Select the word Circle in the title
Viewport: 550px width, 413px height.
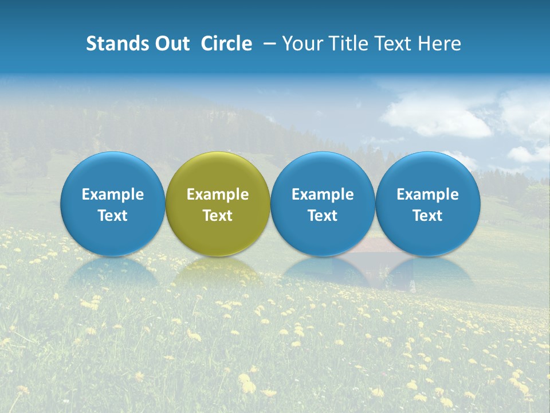tap(226, 44)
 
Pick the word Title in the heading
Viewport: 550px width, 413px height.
tap(349, 44)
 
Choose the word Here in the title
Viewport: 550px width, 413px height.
tap(441, 44)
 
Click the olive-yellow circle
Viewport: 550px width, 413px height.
tap(218, 172)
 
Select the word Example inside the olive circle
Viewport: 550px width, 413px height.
tap(218, 194)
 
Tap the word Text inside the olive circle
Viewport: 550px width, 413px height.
tap(218, 216)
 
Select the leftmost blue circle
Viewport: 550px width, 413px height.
tap(113, 172)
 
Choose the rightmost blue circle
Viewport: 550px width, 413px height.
tap(428, 172)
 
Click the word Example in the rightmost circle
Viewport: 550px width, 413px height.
tap(428, 194)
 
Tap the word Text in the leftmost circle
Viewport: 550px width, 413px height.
tap(113, 216)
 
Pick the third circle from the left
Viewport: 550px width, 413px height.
tap(323, 172)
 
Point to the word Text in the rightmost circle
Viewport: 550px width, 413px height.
tap(428, 216)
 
